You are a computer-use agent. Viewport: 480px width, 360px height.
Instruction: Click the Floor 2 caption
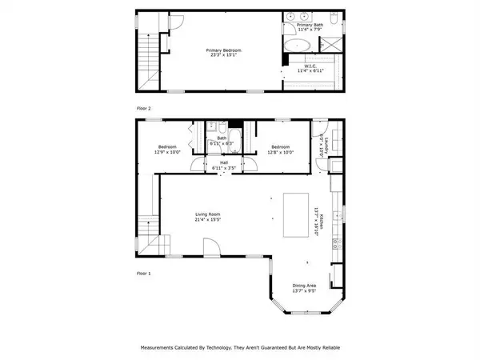[144, 106]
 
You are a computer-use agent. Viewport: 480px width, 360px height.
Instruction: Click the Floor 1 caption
[144, 273]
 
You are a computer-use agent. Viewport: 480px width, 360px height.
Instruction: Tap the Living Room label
[207, 217]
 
